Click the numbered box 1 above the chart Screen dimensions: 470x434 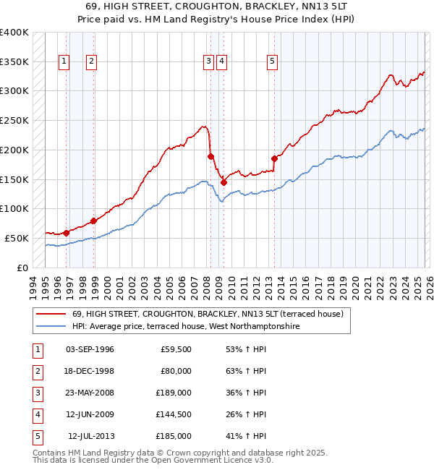point(64,62)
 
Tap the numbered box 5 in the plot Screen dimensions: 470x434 point(272,62)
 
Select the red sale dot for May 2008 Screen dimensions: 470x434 point(210,156)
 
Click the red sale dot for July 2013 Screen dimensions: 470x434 point(274,158)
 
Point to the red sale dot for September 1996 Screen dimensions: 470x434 point(66,233)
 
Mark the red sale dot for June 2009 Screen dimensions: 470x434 point(224,182)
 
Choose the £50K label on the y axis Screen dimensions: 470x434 point(17,238)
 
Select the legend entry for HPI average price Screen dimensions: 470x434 point(185,326)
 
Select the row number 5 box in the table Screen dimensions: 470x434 point(35,436)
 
